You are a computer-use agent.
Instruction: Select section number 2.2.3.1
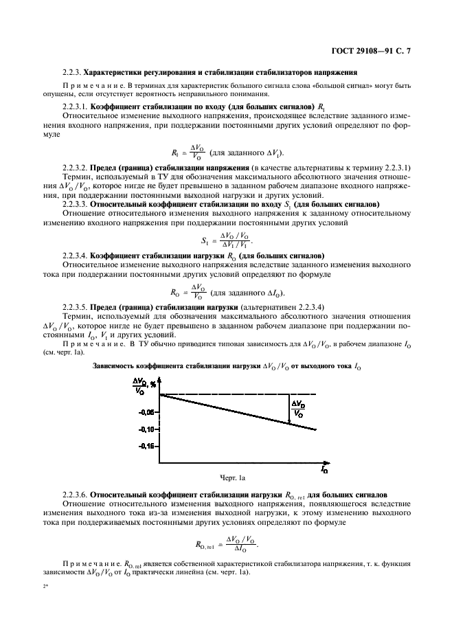tap(76, 106)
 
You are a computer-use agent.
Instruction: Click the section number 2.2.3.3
tap(76, 205)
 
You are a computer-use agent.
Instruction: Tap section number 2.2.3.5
tap(76, 306)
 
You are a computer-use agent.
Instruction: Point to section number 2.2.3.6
tap(76, 494)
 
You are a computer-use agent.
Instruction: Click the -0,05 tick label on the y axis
tap(146, 412)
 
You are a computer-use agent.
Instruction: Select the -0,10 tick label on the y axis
tap(146, 429)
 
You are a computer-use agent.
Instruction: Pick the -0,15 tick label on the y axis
tap(146, 446)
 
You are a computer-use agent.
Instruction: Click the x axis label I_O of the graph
tap(324, 470)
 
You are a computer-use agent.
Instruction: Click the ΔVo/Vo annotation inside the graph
tap(299, 409)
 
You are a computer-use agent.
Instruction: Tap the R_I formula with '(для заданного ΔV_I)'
tap(226, 153)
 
